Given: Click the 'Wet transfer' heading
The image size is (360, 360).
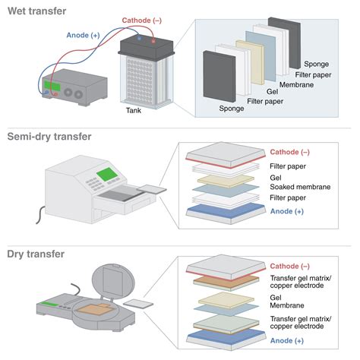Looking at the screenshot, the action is click(37, 11).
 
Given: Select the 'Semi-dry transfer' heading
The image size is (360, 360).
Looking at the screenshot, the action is click(49, 137).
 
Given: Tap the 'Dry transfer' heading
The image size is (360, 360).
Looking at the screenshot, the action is click(36, 254).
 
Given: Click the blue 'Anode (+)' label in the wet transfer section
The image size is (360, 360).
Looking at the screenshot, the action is click(83, 35).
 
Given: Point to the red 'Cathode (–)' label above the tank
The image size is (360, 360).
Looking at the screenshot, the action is click(142, 21).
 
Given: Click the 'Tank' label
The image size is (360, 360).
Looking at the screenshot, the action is click(134, 110).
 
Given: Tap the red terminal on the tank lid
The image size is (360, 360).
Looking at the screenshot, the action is click(153, 40).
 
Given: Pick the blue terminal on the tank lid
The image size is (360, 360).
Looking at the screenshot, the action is click(139, 39).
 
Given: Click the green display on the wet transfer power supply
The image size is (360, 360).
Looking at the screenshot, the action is click(52, 86).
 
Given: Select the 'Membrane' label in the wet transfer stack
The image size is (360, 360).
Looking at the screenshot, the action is click(296, 84).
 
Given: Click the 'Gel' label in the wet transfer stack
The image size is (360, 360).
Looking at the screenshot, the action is click(272, 92).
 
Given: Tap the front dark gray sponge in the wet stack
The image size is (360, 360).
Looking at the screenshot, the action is click(219, 77).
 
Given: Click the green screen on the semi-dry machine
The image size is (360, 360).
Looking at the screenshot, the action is click(107, 174).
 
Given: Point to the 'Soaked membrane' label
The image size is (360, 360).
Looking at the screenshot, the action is click(300, 187).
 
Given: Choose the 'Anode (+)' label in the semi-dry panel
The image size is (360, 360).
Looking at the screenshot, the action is click(287, 211).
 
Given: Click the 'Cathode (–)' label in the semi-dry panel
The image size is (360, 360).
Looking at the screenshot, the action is click(290, 152).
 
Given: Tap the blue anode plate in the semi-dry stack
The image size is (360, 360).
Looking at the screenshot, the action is click(226, 210).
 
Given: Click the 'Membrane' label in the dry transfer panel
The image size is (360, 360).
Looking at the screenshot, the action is click(287, 305).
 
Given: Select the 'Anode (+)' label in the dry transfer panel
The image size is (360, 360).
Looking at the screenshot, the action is click(287, 341).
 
